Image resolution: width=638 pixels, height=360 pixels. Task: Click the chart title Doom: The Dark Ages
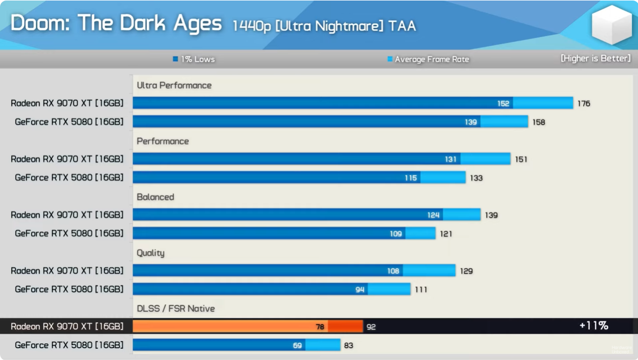[116, 24]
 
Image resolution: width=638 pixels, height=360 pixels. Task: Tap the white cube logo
[612, 25]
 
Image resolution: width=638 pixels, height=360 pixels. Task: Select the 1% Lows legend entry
[194, 60]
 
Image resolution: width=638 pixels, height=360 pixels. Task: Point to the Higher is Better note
[596, 58]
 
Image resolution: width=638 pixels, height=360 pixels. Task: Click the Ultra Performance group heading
[174, 85]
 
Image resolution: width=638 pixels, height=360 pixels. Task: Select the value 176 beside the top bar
[584, 103]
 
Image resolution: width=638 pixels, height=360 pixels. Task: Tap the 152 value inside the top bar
[503, 104]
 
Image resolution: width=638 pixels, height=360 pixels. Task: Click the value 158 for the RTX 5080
[538, 122]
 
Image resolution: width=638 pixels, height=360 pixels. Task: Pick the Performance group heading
[163, 141]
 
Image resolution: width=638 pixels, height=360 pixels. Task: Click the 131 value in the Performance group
[450, 159]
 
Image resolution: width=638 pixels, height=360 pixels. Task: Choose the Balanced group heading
[155, 197]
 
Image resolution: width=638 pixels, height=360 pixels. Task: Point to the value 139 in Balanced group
[491, 215]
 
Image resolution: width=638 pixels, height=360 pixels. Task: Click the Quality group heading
[151, 253]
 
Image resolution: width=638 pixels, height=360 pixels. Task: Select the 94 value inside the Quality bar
[360, 290]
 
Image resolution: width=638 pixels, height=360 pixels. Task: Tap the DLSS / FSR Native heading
[176, 308]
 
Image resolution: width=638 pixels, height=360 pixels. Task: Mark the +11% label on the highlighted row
[594, 326]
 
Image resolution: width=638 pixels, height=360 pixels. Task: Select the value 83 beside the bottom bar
[348, 346]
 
